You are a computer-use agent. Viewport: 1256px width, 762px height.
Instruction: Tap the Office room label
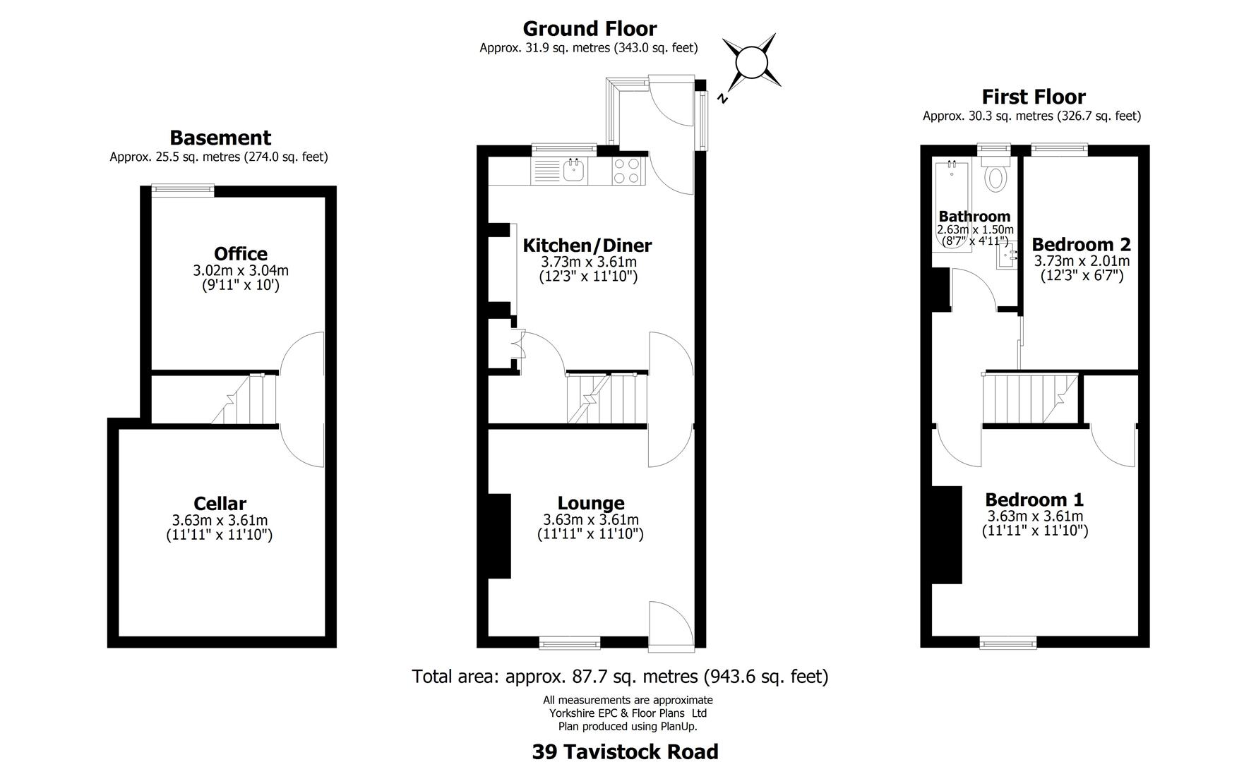[240, 254]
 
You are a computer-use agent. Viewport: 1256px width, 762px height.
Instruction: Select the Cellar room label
[220, 504]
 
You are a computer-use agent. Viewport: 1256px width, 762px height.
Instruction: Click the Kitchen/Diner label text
[587, 246]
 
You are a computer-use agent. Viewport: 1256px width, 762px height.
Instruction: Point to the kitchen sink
[574, 170]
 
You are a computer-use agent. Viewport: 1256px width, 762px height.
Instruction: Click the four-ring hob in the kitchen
[626, 171]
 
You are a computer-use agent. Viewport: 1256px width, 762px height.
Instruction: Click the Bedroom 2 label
[1080, 244]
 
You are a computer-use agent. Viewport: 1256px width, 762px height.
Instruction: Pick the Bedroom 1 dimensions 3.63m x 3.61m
[1034, 516]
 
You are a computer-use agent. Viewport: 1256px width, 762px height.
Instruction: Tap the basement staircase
[244, 400]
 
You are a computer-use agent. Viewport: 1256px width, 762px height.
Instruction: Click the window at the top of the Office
[184, 189]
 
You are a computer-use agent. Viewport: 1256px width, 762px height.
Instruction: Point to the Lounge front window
[569, 642]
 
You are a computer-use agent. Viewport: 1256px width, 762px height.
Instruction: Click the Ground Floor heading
[589, 29]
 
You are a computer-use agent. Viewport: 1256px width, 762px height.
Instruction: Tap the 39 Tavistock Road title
[625, 751]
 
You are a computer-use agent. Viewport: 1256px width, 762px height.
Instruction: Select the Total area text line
[620, 677]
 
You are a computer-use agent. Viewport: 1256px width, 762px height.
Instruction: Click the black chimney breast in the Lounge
[500, 536]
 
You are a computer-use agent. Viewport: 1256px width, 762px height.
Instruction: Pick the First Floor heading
[1033, 97]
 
